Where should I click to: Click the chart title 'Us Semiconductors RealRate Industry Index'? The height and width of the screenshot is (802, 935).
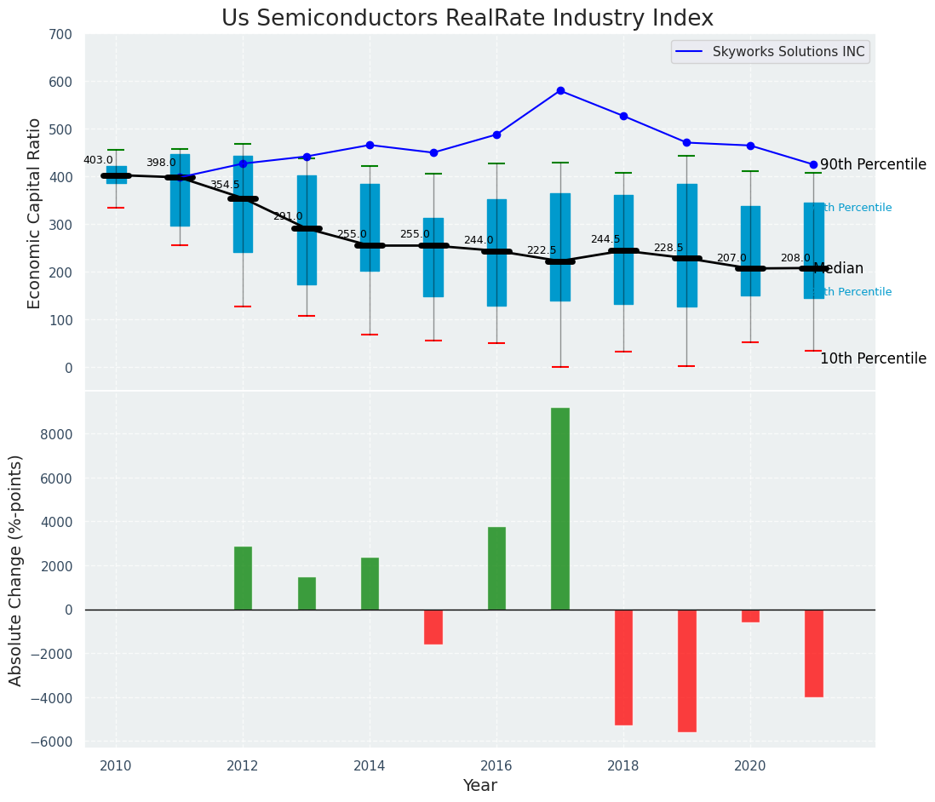tap(467, 18)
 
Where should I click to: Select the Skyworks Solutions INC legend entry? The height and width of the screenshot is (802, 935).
tap(770, 52)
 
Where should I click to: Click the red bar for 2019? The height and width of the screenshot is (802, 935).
tap(686, 670)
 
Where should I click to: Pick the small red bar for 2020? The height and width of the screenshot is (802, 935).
tap(750, 616)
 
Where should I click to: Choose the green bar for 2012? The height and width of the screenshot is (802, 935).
tap(243, 578)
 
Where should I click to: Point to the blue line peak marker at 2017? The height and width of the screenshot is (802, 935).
tap(560, 90)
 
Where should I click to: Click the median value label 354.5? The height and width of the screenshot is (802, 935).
tap(225, 185)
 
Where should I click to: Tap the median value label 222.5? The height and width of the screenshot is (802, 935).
tap(542, 250)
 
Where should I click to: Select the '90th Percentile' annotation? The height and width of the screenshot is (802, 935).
tap(873, 164)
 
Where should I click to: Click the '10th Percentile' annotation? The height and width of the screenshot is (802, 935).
tap(873, 358)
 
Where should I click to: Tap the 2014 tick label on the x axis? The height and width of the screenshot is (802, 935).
tap(370, 765)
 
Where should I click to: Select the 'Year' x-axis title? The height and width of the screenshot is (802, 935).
tap(479, 786)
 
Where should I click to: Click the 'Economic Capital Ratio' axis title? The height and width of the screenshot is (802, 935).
tap(35, 213)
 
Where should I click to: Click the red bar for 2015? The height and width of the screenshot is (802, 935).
tap(433, 627)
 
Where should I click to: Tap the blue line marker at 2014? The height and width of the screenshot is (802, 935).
tap(370, 145)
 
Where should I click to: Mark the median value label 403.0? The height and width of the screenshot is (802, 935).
tap(98, 160)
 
